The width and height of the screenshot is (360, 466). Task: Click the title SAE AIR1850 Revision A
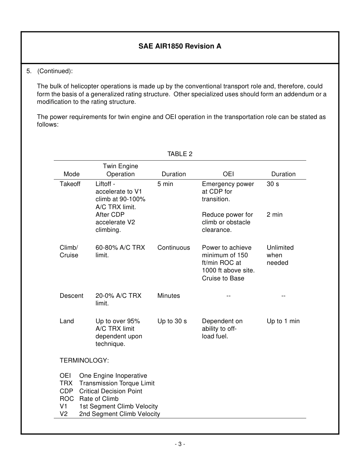click(x=180, y=46)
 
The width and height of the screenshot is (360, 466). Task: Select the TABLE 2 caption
click(x=180, y=154)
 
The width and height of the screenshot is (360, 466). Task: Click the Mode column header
click(x=72, y=174)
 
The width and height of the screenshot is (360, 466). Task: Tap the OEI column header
click(x=228, y=174)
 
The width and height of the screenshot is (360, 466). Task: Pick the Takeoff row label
click(x=70, y=184)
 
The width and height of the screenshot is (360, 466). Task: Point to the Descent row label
click(x=71, y=296)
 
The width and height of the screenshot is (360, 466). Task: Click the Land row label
click(x=67, y=321)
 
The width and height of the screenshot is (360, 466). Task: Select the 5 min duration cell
click(x=165, y=184)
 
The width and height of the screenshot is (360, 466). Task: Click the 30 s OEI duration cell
click(x=273, y=184)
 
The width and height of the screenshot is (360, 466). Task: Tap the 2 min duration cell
click(x=274, y=214)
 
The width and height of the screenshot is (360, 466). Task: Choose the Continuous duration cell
click(x=174, y=247)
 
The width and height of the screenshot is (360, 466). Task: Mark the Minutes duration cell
click(x=169, y=296)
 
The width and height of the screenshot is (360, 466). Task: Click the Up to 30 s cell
click(x=172, y=321)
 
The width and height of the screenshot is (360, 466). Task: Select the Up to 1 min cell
click(x=283, y=321)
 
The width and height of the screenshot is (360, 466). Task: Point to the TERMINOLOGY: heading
click(x=84, y=360)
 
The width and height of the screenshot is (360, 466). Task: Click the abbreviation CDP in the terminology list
click(x=66, y=391)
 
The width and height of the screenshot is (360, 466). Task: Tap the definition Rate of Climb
click(x=99, y=399)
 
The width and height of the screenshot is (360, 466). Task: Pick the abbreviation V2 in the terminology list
click(x=64, y=414)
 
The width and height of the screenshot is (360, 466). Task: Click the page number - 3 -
click(x=180, y=444)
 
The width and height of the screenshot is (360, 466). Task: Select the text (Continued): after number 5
click(x=55, y=71)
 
